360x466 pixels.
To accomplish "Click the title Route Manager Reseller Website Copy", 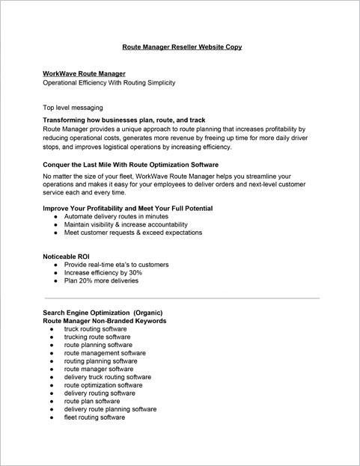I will pos(182,47).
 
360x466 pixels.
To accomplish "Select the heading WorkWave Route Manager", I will pos(84,74).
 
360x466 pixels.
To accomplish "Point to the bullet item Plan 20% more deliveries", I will pos(102,282).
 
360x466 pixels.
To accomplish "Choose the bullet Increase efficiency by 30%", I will pos(103,273).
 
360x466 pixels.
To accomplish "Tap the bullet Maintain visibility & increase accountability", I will pos(126,224).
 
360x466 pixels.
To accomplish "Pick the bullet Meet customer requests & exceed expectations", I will pos(133,233).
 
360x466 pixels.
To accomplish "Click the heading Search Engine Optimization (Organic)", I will pos(103,312).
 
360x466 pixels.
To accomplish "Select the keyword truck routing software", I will pos(95,328).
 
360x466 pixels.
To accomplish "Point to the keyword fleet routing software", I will pos(94,417).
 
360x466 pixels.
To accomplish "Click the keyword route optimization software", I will pos(103,385).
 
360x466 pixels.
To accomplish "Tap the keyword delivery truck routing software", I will pos(108,377).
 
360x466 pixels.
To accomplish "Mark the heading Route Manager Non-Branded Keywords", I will pos(105,320).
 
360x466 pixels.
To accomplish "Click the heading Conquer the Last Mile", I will pos(131,165).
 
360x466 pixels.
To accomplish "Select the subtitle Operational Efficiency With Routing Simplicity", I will pos(109,82).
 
